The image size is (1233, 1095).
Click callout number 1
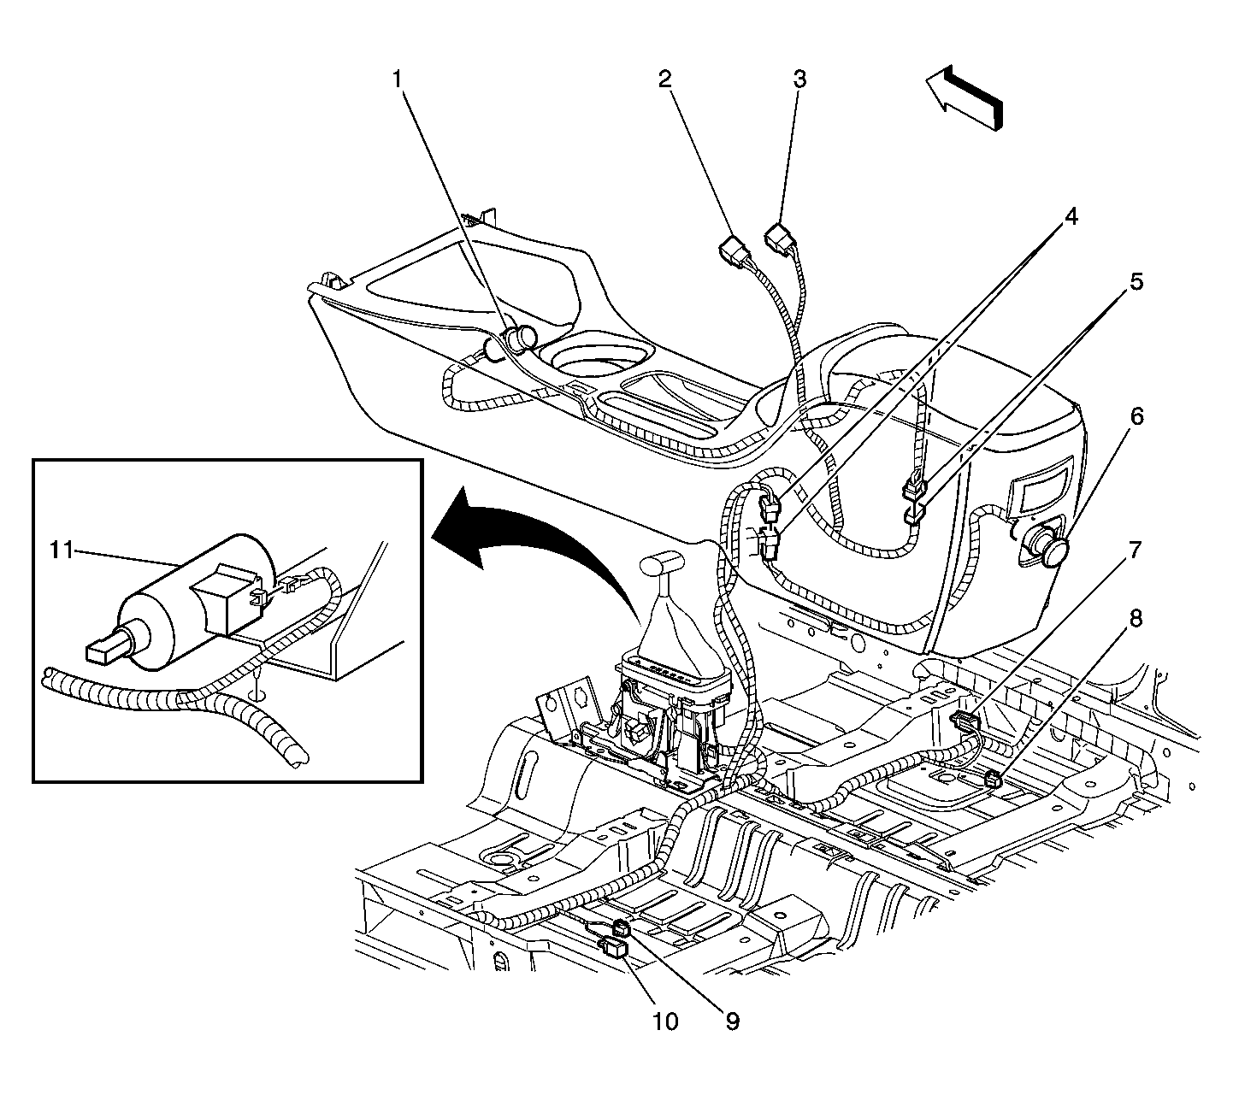click(x=398, y=79)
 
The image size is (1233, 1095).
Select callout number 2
click(x=664, y=79)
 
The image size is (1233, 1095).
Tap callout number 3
click(x=799, y=79)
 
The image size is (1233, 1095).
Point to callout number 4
click(x=1070, y=216)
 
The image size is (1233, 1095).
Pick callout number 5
click(x=1135, y=282)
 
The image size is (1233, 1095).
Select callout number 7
click(x=1135, y=550)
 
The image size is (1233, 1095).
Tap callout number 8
click(x=1135, y=618)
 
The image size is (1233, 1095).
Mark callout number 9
click(x=732, y=1021)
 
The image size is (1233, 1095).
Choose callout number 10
click(x=665, y=1021)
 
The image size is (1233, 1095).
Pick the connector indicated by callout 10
click(x=615, y=948)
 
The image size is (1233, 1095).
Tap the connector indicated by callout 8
click(x=993, y=777)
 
